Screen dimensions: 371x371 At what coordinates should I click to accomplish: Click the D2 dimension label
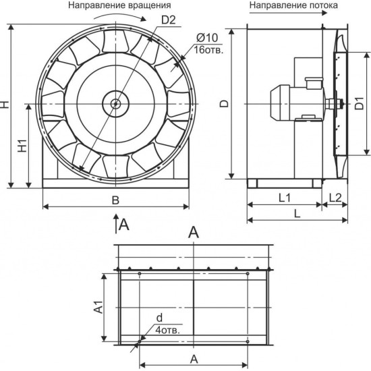coord(169,20)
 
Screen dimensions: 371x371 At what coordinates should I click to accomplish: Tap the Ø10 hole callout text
coord(207,38)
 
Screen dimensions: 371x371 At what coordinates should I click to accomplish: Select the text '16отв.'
coord(208,50)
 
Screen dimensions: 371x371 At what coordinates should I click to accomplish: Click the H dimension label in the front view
coord(5,105)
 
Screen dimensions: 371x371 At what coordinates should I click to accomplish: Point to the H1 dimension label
coord(23,146)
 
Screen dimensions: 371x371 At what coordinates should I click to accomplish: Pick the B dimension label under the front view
coord(115,200)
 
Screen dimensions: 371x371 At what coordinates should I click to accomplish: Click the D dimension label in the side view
coord(225,104)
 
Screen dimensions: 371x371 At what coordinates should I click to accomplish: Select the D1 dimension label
coord(359,103)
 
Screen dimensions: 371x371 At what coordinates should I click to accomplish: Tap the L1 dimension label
coord(285,198)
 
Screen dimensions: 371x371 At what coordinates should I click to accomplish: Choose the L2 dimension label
coord(335,198)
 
